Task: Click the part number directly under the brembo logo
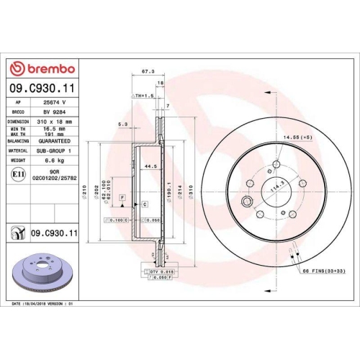pos(42,89)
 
